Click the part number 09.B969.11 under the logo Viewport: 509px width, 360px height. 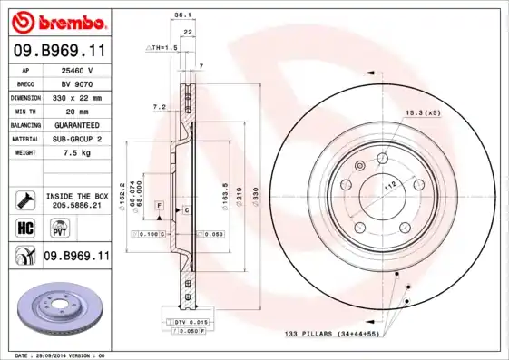coord(59,50)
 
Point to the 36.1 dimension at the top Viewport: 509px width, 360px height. coord(181,15)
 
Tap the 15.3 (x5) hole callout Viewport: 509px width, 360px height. coord(422,112)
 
